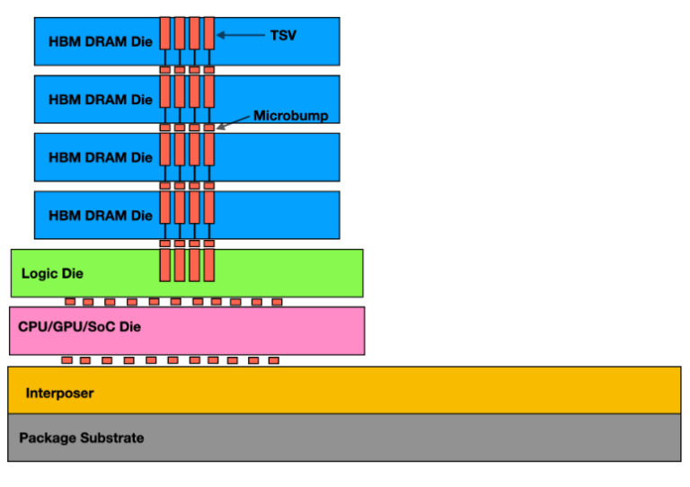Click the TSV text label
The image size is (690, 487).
[283, 35]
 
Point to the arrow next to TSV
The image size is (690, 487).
[241, 35]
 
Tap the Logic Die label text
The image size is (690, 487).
[51, 273]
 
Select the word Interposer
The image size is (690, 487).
[59, 393]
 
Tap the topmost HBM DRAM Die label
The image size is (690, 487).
[101, 41]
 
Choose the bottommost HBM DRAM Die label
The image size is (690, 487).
[101, 216]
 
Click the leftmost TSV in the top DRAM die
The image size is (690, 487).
[165, 33]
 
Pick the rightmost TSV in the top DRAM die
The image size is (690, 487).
[208, 33]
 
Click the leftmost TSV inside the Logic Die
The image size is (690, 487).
[165, 264]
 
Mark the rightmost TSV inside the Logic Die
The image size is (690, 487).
[208, 264]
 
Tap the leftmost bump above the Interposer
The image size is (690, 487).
[66, 360]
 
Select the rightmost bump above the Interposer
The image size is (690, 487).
[273, 360]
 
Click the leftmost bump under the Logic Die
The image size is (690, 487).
[70, 302]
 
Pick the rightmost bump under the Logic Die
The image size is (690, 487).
[277, 302]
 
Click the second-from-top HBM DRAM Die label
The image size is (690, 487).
[101, 99]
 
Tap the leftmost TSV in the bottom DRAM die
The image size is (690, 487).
[165, 208]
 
